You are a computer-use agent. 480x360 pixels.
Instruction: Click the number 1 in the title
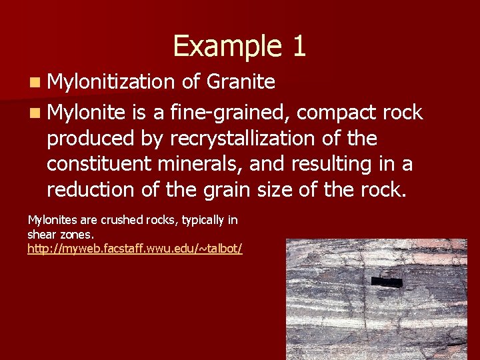point(298,46)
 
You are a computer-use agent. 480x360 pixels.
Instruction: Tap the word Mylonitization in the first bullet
point(111,82)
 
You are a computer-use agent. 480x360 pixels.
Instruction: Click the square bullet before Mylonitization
point(33,83)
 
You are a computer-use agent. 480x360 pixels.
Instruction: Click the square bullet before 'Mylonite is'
point(33,113)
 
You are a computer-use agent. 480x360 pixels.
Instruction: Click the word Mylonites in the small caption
point(52,219)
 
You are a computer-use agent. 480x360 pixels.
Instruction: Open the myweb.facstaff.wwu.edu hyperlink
point(135,249)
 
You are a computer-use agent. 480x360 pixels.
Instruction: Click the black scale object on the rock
point(387,282)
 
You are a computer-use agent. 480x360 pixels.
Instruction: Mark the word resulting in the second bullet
point(333,164)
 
